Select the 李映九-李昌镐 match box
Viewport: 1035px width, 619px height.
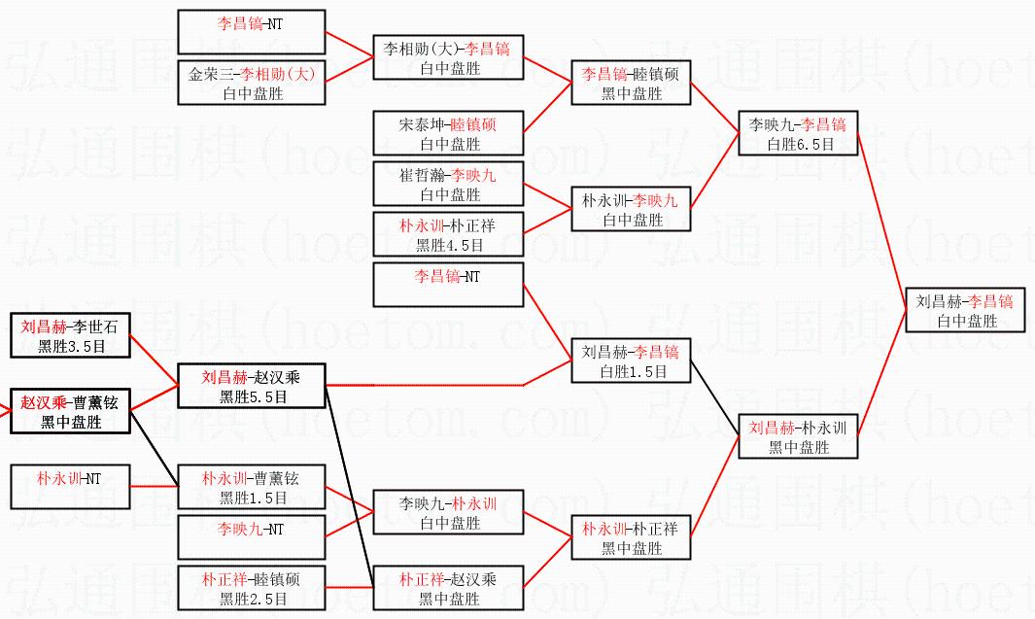pos(798,133)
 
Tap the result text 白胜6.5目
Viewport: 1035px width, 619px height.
pos(798,144)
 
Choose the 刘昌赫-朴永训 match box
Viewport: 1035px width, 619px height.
pos(798,436)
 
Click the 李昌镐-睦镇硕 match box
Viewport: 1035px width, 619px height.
pos(632,83)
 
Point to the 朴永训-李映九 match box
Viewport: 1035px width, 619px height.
pos(632,209)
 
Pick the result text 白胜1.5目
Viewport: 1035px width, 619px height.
pos(632,371)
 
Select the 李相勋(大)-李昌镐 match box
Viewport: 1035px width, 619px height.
pos(447,57)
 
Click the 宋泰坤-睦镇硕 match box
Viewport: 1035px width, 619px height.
pos(447,133)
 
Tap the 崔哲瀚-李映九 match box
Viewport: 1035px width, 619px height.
pos(447,184)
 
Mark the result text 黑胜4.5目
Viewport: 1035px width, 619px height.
pos(447,245)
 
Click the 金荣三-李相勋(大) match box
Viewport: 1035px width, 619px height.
pos(252,83)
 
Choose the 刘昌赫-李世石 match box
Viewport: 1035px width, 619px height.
pos(70,335)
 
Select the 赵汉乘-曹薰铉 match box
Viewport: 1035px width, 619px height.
pos(70,411)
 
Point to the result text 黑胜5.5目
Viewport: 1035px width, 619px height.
pos(252,396)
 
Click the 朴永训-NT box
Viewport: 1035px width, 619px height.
pos(70,487)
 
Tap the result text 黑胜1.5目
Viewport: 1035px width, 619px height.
pos(252,498)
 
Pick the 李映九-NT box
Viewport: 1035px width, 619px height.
pos(252,537)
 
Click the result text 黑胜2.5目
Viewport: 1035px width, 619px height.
pos(252,599)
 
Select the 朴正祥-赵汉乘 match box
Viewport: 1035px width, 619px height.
pos(447,588)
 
